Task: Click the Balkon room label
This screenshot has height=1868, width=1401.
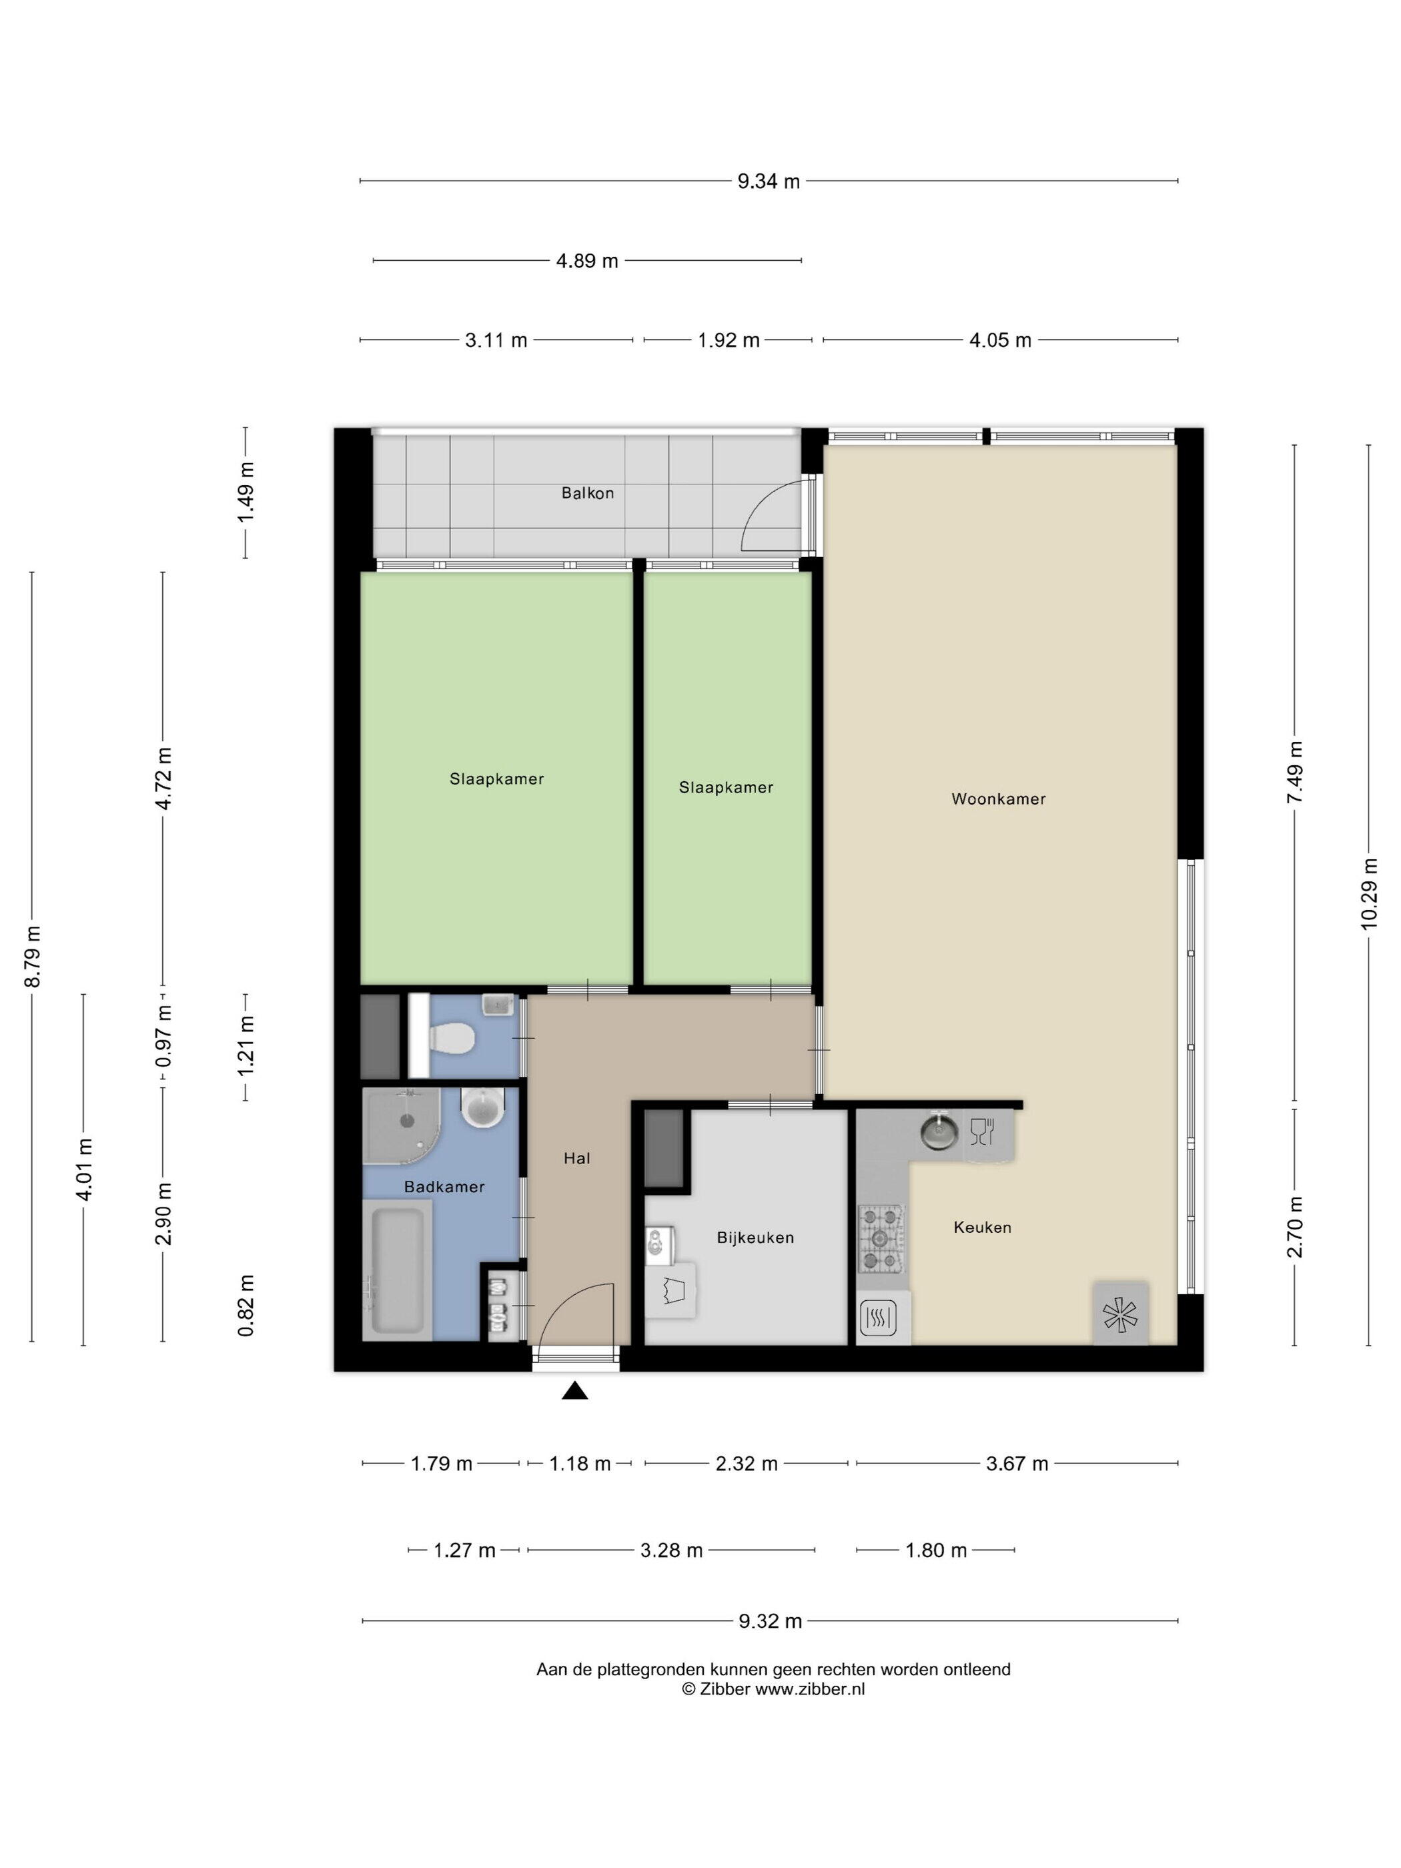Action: coord(587,493)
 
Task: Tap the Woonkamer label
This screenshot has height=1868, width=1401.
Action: coord(998,799)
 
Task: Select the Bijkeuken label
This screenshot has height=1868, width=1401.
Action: coord(755,1238)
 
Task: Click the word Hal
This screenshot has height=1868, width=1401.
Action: coord(577,1159)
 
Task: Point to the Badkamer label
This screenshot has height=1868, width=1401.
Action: coord(444,1186)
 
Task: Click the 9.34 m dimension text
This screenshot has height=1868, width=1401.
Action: coord(769,181)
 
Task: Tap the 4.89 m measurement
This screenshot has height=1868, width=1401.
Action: coord(587,261)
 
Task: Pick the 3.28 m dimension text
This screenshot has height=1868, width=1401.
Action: coord(671,1550)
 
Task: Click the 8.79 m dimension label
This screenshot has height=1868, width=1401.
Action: coord(32,957)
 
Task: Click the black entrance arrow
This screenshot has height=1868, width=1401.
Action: coord(575,1391)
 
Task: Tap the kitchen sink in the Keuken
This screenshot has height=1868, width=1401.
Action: coord(936,1131)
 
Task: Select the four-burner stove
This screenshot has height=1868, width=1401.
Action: coord(881,1239)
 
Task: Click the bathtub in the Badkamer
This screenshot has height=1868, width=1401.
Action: coord(397,1270)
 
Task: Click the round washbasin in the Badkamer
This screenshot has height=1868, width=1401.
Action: coord(482,1107)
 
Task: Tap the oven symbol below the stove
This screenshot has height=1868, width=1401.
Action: coord(877,1316)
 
